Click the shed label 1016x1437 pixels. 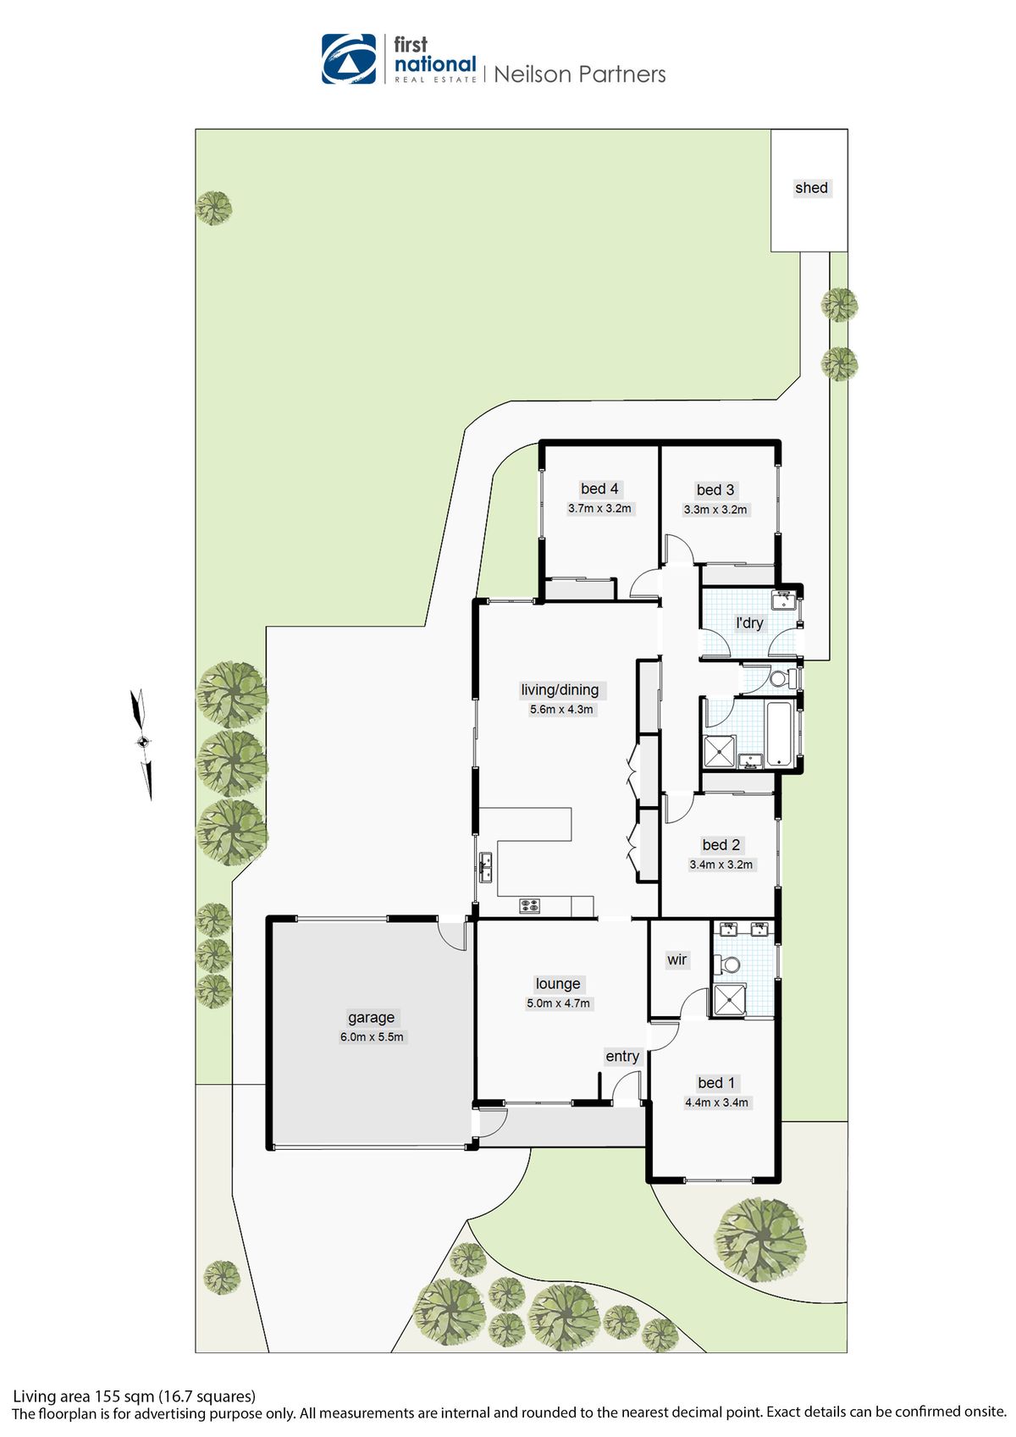(811, 188)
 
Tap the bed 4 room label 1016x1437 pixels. (599, 489)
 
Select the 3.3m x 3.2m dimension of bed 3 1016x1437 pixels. (715, 510)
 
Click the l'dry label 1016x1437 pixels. (749, 623)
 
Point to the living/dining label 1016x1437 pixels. (560, 690)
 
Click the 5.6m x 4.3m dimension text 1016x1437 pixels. (561, 710)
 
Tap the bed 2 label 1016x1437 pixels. (721, 845)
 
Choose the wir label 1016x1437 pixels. (676, 959)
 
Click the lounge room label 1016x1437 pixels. (558, 984)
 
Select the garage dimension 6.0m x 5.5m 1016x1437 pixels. (372, 1037)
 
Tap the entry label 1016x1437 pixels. (622, 1057)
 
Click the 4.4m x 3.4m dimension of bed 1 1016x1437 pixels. (716, 1103)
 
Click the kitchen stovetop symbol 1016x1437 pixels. (529, 906)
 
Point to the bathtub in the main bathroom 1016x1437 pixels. (781, 733)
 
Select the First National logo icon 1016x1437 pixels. (349, 59)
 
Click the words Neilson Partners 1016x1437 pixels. (580, 75)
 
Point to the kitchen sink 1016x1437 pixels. (485, 867)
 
